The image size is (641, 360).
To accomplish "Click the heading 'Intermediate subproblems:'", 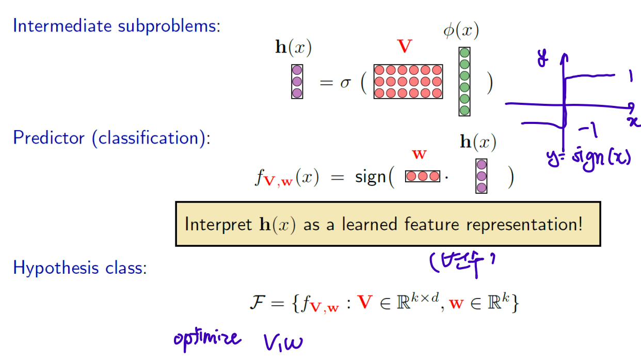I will click(x=116, y=26).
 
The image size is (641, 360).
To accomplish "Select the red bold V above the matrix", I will click(x=405, y=47).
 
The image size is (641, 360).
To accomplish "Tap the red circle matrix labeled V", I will click(x=408, y=82).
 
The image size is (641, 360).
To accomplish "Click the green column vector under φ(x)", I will click(x=464, y=82).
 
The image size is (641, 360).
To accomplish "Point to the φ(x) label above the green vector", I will click(x=461, y=32).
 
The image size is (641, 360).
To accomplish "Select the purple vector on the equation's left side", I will click(x=297, y=82).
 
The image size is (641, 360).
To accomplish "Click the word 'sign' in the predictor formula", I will click(x=370, y=177).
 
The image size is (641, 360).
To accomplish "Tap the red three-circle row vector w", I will click(x=423, y=177).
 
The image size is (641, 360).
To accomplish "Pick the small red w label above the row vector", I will click(x=419, y=154).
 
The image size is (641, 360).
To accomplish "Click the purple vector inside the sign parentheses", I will click(x=482, y=176).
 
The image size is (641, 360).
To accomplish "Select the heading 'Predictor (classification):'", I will click(x=111, y=138).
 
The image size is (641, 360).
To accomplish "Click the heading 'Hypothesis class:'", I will click(x=80, y=268).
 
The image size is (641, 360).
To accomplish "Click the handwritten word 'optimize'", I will click(x=206, y=338).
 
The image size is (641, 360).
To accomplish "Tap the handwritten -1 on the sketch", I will click(x=589, y=130).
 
